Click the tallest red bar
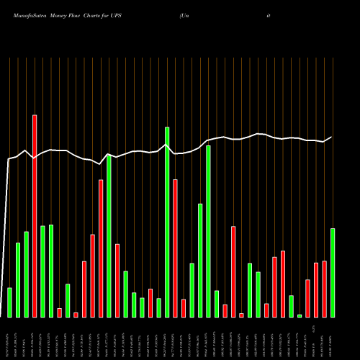click(34, 215)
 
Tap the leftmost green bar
click(9, 302)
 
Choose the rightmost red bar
click(324, 288)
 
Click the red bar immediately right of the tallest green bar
click(175, 248)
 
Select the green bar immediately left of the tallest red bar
click(26, 274)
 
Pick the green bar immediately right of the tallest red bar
click(42, 271)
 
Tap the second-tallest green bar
click(208, 231)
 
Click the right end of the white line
click(332, 137)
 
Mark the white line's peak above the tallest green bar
click(166, 145)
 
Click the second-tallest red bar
click(101, 248)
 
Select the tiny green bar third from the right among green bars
click(300, 315)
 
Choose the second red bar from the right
click(316, 289)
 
